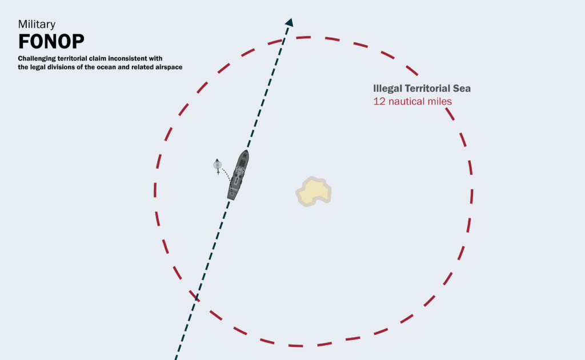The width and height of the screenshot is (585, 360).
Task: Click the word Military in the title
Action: pos(37,24)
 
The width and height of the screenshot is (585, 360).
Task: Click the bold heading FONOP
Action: pos(51,42)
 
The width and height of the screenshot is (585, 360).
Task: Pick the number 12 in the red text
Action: pos(378,101)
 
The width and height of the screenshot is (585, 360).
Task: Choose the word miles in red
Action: pos(439,101)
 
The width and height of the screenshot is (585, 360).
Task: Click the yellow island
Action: pos(314,191)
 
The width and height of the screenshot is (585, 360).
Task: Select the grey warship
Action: pos(238,175)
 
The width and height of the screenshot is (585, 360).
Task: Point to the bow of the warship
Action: pos(246,153)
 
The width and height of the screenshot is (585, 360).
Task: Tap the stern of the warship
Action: pos(231,197)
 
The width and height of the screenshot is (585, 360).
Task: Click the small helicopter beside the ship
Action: pos(217,165)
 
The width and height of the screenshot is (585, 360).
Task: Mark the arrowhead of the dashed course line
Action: pos(290,22)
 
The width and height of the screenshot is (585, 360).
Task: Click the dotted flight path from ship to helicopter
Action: pos(226,173)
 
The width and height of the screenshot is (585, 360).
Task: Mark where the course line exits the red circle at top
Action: pos(284,39)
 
